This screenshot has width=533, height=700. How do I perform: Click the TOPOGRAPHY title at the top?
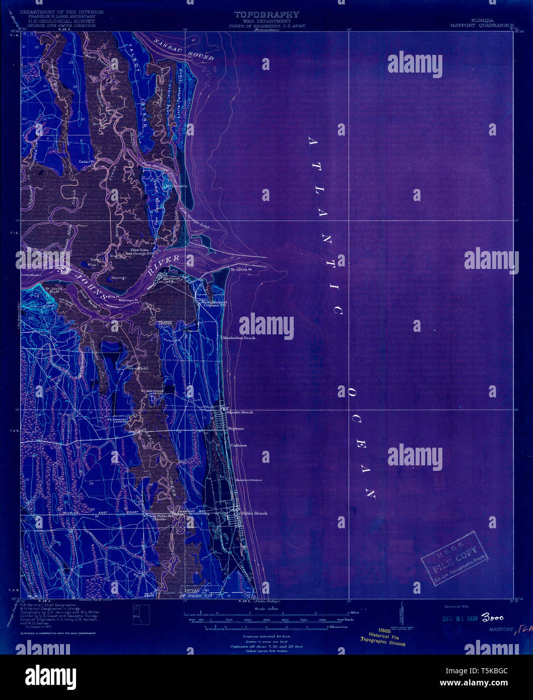tap(266, 15)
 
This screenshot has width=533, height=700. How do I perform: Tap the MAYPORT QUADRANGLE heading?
tap(482, 24)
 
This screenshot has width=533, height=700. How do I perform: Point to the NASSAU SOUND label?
tap(184, 49)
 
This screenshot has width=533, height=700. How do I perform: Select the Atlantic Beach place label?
tap(239, 412)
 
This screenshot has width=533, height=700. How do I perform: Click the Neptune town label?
tap(236, 429)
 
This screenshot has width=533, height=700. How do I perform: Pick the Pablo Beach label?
tap(254, 513)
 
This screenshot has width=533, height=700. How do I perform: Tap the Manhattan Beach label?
tap(239, 338)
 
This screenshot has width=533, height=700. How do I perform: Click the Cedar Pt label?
tap(87, 162)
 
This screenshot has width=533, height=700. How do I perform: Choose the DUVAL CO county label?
tap(196, 590)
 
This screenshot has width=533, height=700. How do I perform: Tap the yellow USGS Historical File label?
tap(383, 637)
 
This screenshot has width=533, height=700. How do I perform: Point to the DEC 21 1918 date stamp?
tap(460, 618)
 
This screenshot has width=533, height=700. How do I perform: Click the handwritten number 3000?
tap(492, 617)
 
